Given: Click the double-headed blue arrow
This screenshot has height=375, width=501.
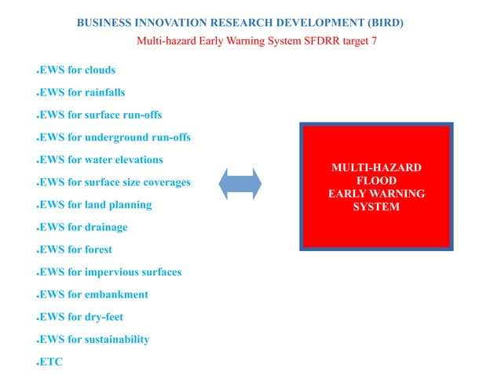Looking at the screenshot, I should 240,184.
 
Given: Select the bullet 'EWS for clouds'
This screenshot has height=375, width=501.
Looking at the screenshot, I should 78,70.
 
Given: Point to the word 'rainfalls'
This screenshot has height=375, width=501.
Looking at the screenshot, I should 103,93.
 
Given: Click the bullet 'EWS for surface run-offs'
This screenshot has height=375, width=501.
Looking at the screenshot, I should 101,115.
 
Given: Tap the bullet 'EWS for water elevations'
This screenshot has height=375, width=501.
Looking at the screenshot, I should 101,160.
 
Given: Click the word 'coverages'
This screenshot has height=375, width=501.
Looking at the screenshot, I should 166,183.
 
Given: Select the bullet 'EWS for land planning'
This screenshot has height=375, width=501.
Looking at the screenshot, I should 96,205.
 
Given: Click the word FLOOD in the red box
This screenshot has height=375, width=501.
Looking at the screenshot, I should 376,181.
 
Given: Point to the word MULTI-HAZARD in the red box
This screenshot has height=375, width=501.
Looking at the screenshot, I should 376,168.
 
